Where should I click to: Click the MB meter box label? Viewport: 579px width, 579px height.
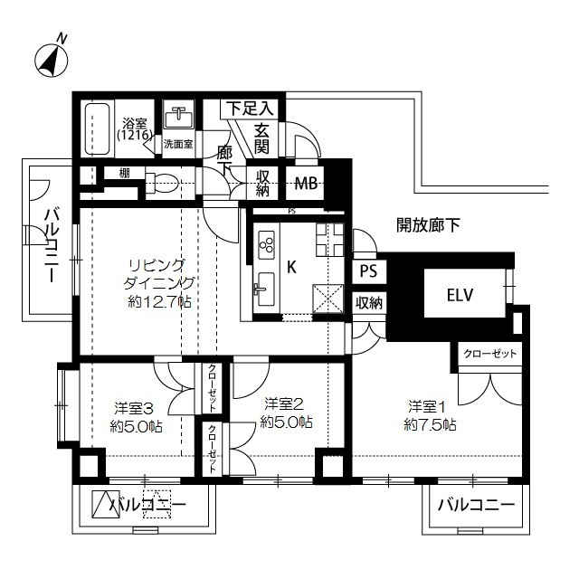point(306,183)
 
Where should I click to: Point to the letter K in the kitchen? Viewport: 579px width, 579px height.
point(291,268)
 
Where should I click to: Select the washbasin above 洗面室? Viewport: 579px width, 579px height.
point(177,118)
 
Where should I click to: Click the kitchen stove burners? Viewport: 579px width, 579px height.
point(267,242)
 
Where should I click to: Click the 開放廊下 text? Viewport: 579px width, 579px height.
point(428,224)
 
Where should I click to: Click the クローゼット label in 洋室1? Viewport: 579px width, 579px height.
point(489,355)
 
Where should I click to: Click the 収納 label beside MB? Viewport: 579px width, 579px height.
point(263,183)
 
